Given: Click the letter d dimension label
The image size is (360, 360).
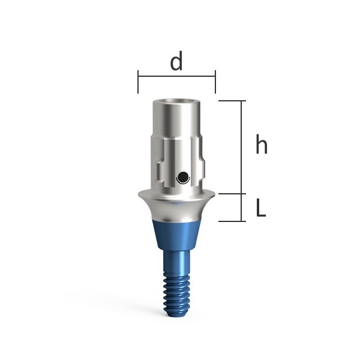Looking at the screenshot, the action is pyautogui.click(x=176, y=61).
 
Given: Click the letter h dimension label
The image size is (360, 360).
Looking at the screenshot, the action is pyautogui.click(x=262, y=144).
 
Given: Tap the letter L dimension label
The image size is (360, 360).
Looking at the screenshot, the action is pyautogui.click(x=261, y=208).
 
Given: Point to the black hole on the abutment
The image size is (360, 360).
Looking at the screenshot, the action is pyautogui.click(x=183, y=178).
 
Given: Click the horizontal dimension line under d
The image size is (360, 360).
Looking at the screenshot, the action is pyautogui.click(x=176, y=76).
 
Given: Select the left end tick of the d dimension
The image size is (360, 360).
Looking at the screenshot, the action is pyautogui.click(x=138, y=82).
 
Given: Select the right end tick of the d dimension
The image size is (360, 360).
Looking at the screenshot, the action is pyautogui.click(x=215, y=82).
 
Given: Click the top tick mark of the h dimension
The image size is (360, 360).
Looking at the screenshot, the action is pyautogui.click(x=232, y=101).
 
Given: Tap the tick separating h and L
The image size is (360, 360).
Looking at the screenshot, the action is pyautogui.click(x=232, y=194).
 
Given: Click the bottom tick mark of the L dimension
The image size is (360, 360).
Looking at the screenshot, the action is pyautogui.click(x=232, y=221).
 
